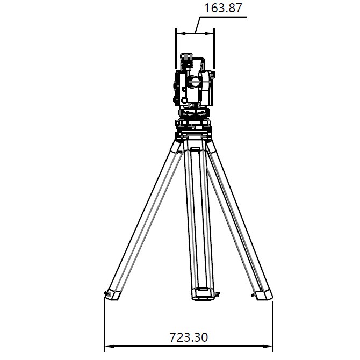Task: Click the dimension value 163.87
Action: [222, 8]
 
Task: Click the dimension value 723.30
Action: [189, 337]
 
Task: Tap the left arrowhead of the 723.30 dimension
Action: [109, 346]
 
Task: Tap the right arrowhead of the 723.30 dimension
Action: [268, 346]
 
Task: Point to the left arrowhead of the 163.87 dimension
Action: [181, 33]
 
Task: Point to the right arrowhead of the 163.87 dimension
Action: [209, 33]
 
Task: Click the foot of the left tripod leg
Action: [114, 295]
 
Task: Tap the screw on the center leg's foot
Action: [217, 294]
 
